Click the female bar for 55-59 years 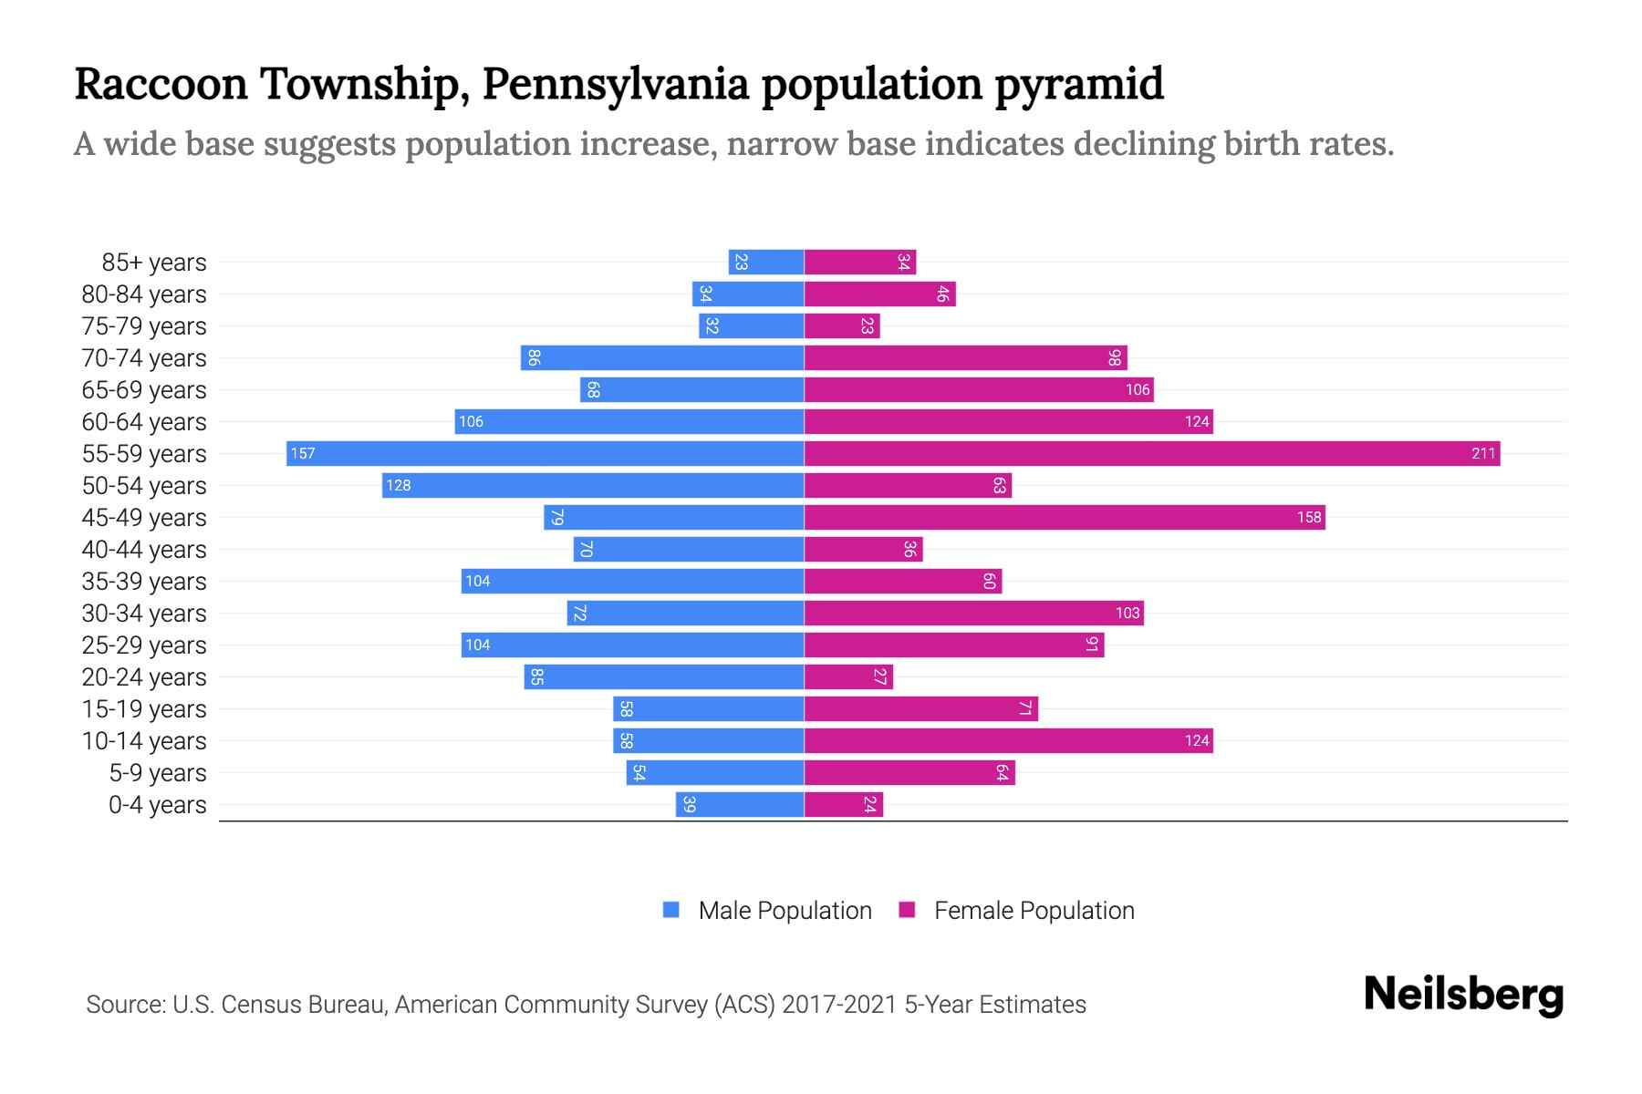[1151, 453]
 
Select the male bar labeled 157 [546, 453]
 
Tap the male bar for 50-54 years [593, 485]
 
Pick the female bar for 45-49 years [1064, 517]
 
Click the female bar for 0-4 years [844, 804]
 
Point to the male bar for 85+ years [766, 262]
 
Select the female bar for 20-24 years [848, 676]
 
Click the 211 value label [1483, 453]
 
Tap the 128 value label [399, 485]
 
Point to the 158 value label [1309, 517]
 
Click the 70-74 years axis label [144, 358]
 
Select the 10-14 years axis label [144, 741]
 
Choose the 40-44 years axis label [144, 550]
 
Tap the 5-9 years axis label [158, 773]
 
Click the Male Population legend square [671, 910]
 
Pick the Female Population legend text [1034, 911]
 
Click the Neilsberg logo [1463, 995]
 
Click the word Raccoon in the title [161, 84]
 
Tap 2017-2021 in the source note [839, 1005]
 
